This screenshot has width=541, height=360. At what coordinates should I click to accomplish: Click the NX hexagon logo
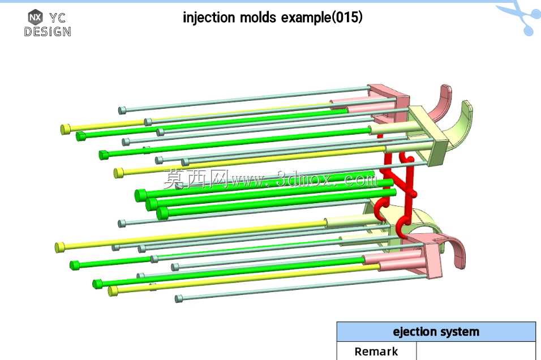35,17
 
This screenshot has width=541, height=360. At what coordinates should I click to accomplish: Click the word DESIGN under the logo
48,32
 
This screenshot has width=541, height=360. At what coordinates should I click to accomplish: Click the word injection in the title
209,17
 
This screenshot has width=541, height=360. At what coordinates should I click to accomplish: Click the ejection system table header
436,332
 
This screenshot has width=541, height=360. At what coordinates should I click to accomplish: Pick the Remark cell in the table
376,352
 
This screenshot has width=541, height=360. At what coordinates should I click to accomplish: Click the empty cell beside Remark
476,352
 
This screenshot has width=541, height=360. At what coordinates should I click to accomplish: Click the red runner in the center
397,186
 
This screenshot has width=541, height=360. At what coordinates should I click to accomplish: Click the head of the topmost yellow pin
65,130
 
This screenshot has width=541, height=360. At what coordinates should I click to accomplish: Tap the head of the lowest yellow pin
113,291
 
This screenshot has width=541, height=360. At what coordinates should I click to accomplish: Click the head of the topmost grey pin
122,110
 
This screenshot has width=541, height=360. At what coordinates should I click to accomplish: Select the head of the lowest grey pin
178,298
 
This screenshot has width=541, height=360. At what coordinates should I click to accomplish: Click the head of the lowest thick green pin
162,213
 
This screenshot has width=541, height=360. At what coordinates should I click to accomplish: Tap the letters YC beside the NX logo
57,18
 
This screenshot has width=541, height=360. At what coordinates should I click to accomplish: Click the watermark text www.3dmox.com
304,179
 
